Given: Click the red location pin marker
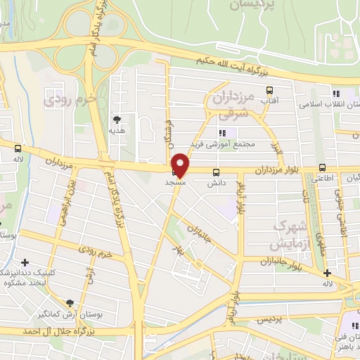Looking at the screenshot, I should coord(181,165).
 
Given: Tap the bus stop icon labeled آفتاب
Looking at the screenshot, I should coord(269,90).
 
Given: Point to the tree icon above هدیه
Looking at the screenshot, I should coord(117,119).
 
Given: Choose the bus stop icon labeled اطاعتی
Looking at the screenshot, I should coord(322,167).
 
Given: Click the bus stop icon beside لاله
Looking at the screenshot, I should coord(18,148).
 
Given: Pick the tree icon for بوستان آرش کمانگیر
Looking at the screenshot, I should coord(68,303).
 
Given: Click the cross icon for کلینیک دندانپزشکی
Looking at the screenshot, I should coord(25,262).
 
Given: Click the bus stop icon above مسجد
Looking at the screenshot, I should coord(174,171).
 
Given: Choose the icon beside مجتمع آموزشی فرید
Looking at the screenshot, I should coord(223,133).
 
